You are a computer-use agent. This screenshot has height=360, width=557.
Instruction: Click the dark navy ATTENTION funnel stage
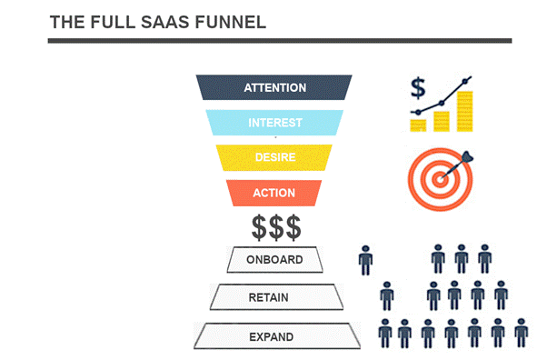[x=274, y=88]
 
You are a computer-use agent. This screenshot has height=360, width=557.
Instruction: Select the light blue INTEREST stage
[x=274, y=123]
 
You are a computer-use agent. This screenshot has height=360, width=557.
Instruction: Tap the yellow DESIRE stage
[x=274, y=157]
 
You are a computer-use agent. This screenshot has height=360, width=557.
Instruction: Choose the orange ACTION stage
[x=274, y=193]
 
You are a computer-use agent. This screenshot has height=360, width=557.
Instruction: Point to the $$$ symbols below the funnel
[x=274, y=225]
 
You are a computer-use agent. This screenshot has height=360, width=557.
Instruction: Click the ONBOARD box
[x=274, y=261]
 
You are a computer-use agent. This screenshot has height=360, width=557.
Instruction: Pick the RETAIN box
[x=274, y=296]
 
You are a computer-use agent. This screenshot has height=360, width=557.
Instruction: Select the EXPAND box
[x=274, y=337]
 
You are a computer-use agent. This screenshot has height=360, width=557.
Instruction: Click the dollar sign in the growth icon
[x=418, y=88]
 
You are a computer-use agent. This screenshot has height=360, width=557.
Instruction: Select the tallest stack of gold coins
[x=465, y=110]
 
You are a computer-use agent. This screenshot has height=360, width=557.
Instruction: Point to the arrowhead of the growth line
[x=468, y=80]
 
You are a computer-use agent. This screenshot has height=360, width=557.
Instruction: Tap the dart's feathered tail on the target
[x=470, y=155]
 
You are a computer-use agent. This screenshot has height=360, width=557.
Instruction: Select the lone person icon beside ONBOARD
[x=366, y=260]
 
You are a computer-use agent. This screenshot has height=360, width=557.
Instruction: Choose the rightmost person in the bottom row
[x=521, y=334]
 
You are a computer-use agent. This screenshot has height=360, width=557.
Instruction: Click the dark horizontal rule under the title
[x=280, y=40]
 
